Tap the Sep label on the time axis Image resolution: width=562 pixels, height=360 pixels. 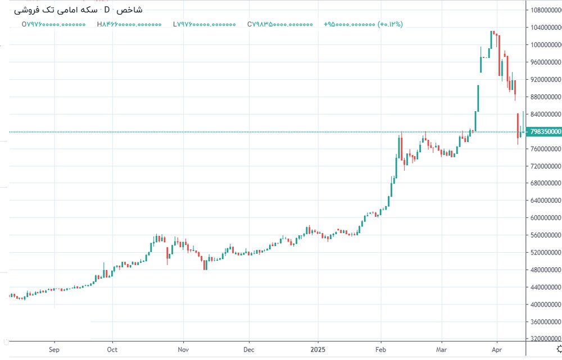click(x=54, y=349)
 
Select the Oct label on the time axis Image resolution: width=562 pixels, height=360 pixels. click(x=112, y=349)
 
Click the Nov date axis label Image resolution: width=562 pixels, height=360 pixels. click(x=183, y=349)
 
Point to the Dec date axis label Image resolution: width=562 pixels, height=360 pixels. click(x=248, y=349)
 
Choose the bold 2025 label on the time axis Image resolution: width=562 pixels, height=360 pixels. click(x=318, y=349)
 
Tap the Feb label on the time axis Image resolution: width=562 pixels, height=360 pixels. click(x=381, y=349)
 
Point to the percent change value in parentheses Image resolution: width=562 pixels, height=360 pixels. click(x=390, y=24)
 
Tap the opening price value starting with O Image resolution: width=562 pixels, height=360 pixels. click(x=53, y=24)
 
